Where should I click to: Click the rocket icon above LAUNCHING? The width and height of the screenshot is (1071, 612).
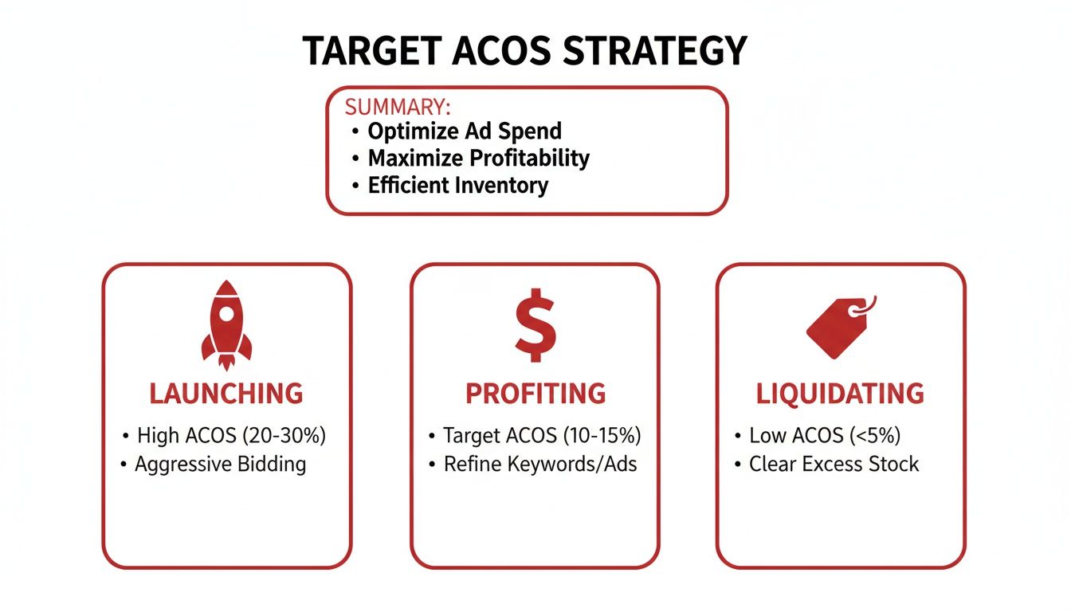226,326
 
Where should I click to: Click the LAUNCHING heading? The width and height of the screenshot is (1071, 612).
226,394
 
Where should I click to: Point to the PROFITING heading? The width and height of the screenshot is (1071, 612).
535,394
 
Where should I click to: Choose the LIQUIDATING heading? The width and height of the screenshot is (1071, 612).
840,394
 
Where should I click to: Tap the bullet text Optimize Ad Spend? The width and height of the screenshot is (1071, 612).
465,131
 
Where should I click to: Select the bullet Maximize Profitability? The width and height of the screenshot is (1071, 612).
478,158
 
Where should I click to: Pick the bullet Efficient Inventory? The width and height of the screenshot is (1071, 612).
457,186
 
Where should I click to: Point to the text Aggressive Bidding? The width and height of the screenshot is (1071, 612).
220,464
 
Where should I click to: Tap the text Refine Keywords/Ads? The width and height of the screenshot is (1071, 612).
540,464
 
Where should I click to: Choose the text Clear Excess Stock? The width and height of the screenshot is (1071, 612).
834,464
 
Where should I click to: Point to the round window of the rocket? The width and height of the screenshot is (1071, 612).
226,313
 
